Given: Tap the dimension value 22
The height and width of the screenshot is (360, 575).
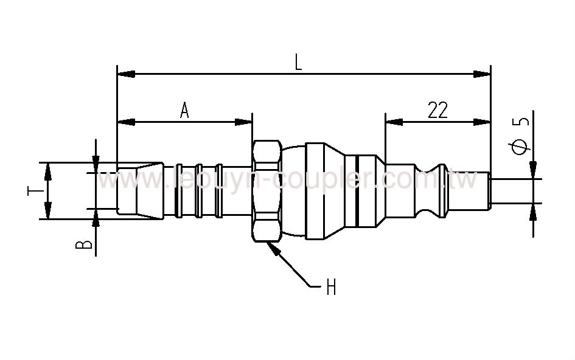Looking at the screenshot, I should [437, 110].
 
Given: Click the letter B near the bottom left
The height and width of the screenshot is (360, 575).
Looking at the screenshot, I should [87, 245].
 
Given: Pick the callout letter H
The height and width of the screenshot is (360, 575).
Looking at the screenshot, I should [330, 286].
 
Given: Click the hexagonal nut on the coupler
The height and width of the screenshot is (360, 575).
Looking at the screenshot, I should [266, 190].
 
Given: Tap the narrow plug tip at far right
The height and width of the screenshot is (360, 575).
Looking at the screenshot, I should [481, 190].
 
